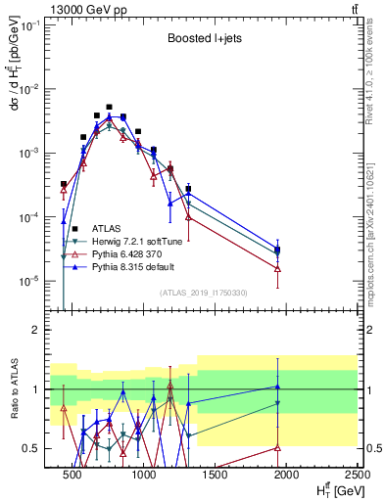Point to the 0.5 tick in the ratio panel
pos(38,448)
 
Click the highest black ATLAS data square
pos(109,107)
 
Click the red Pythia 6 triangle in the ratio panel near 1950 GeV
pos(278,447)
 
